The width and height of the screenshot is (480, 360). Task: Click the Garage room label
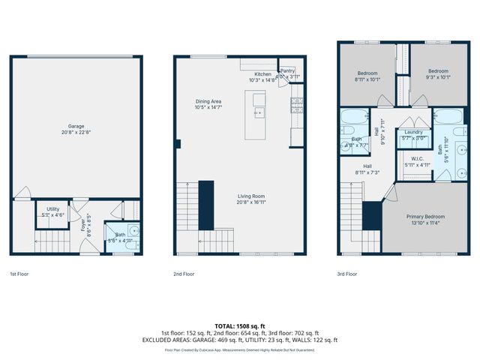tap(76, 127)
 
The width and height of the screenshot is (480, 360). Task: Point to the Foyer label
tap(84, 223)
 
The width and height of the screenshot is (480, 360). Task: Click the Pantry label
tap(287, 72)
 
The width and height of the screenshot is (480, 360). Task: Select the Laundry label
tap(413, 132)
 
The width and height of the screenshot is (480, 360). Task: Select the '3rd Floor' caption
tap(347, 274)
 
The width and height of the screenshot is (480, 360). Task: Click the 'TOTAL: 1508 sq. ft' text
tap(239, 325)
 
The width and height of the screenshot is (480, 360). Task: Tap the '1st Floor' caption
tap(20, 274)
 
